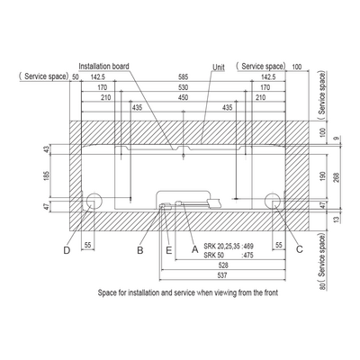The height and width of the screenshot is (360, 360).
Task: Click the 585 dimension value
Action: click(183, 77)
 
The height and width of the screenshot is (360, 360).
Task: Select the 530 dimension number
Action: click(183, 87)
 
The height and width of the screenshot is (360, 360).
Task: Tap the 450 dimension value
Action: click(183, 97)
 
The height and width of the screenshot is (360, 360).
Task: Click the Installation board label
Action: click(103, 66)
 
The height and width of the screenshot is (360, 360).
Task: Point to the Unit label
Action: click(219, 67)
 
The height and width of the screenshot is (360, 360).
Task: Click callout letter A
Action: click(195, 249)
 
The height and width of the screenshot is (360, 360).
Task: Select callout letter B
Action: click(140, 250)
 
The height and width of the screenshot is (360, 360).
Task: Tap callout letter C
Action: click(299, 249)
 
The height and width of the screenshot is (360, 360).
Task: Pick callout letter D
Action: click(67, 250)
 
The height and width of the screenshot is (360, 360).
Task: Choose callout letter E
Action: click(169, 250)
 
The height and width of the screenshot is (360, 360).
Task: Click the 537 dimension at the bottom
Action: click(222, 275)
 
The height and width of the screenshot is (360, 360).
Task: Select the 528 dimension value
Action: click(223, 265)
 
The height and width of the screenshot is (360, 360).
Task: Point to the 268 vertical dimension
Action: click(336, 178)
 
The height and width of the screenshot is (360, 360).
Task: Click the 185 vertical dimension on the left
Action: click(47, 175)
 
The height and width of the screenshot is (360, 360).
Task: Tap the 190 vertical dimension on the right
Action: click(323, 176)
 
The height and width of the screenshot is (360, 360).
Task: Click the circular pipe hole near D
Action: click(94, 200)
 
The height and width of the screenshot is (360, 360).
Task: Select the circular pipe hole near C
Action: click(273, 200)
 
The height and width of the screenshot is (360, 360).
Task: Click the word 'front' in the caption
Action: click(270, 292)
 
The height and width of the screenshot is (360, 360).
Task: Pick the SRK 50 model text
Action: click(213, 256)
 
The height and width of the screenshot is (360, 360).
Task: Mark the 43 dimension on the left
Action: click(47, 149)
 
